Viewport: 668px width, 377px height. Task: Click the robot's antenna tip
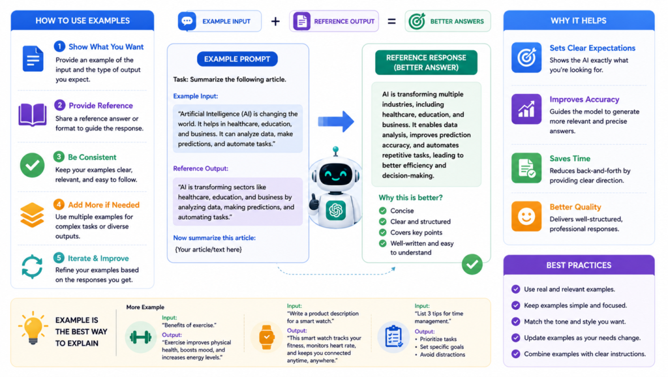[x=336, y=149]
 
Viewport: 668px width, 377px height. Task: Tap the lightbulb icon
[x=33, y=327]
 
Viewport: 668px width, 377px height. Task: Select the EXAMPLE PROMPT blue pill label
[x=237, y=59]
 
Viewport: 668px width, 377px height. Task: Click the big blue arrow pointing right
[x=336, y=121]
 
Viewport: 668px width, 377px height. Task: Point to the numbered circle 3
[x=59, y=157]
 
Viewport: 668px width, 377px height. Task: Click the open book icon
[x=33, y=114]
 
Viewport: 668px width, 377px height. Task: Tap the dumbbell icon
[x=141, y=337]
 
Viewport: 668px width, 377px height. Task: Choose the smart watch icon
[x=266, y=337]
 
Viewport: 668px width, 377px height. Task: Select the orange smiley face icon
[x=526, y=217]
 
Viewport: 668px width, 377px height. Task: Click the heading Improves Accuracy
[x=584, y=99]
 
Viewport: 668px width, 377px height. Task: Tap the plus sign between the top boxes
[x=276, y=22]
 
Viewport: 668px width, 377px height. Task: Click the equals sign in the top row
[x=391, y=22]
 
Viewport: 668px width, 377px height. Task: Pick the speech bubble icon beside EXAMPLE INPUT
[x=187, y=22]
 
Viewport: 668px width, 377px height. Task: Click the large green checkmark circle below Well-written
[x=472, y=264]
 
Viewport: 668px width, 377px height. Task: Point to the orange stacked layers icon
[x=32, y=215]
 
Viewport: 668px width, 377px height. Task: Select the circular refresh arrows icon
[x=32, y=267]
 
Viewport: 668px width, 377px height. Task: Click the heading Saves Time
[x=569, y=158]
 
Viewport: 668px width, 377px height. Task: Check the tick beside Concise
[x=382, y=211]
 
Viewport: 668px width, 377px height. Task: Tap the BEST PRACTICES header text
[x=579, y=265]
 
